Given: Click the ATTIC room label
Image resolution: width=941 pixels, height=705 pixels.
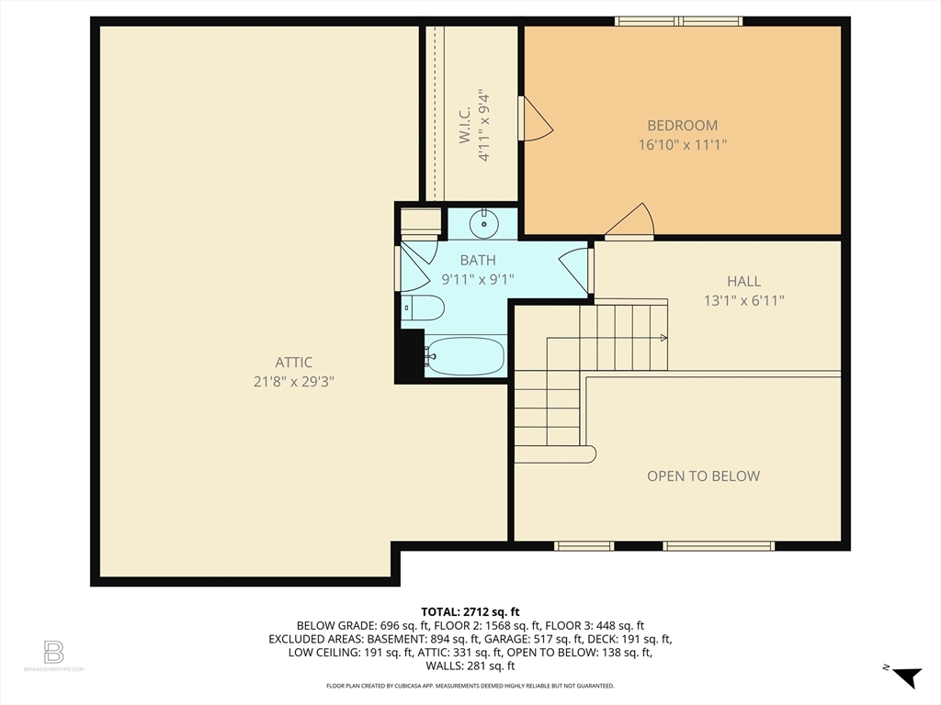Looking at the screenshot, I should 293,363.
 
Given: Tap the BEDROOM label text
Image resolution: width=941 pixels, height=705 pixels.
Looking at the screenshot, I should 682,126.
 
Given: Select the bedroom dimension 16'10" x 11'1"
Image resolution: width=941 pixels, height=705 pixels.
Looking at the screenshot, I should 682,144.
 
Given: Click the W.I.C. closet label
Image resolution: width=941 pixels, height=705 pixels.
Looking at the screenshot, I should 464,125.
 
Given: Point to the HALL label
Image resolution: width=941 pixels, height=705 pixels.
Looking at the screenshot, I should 743,282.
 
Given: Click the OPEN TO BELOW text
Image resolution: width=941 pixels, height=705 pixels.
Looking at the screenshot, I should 703,476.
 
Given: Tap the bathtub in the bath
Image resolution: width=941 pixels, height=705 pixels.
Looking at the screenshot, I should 465,356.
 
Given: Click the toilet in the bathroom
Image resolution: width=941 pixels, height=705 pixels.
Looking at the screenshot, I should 425,307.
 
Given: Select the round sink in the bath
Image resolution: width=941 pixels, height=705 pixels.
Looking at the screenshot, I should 483,222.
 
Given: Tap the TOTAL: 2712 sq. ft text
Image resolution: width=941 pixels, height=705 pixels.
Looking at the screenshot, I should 470,611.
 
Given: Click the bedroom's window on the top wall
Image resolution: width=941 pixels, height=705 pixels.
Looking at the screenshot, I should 678,21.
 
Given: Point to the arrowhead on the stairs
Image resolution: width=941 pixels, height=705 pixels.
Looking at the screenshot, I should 663,338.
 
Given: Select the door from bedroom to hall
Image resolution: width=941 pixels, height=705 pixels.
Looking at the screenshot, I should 631,223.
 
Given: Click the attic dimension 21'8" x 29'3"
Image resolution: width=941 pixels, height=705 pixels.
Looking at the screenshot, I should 293,382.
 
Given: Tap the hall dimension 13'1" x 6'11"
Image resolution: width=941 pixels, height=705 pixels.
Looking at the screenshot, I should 743,300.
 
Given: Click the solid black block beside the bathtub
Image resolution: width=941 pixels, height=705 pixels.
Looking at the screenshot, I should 409,355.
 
